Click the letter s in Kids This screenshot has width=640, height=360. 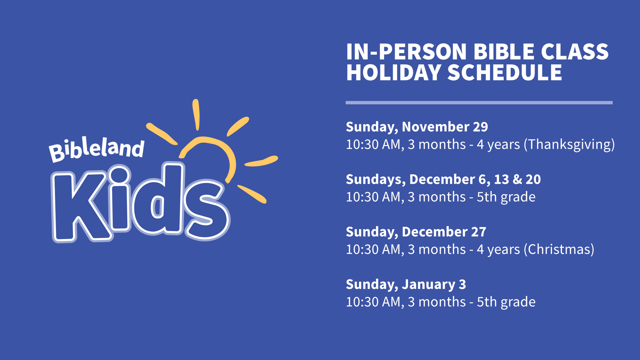tap(207, 210)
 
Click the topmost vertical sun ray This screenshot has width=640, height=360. tap(196, 115)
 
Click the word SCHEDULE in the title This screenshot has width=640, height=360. tap(505, 73)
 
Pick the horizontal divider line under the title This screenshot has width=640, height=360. tap(479, 103)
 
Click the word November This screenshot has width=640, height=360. tap(436, 127)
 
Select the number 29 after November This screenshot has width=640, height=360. tap(480, 127)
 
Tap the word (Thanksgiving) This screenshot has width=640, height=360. tap(569, 145)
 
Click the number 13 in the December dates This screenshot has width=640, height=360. tap(501, 179)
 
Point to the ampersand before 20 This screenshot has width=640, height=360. tap(517, 179)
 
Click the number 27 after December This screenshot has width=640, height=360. tap(479, 232)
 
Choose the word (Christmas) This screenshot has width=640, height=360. tap(559, 249)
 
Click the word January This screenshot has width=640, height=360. tap(428, 285)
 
